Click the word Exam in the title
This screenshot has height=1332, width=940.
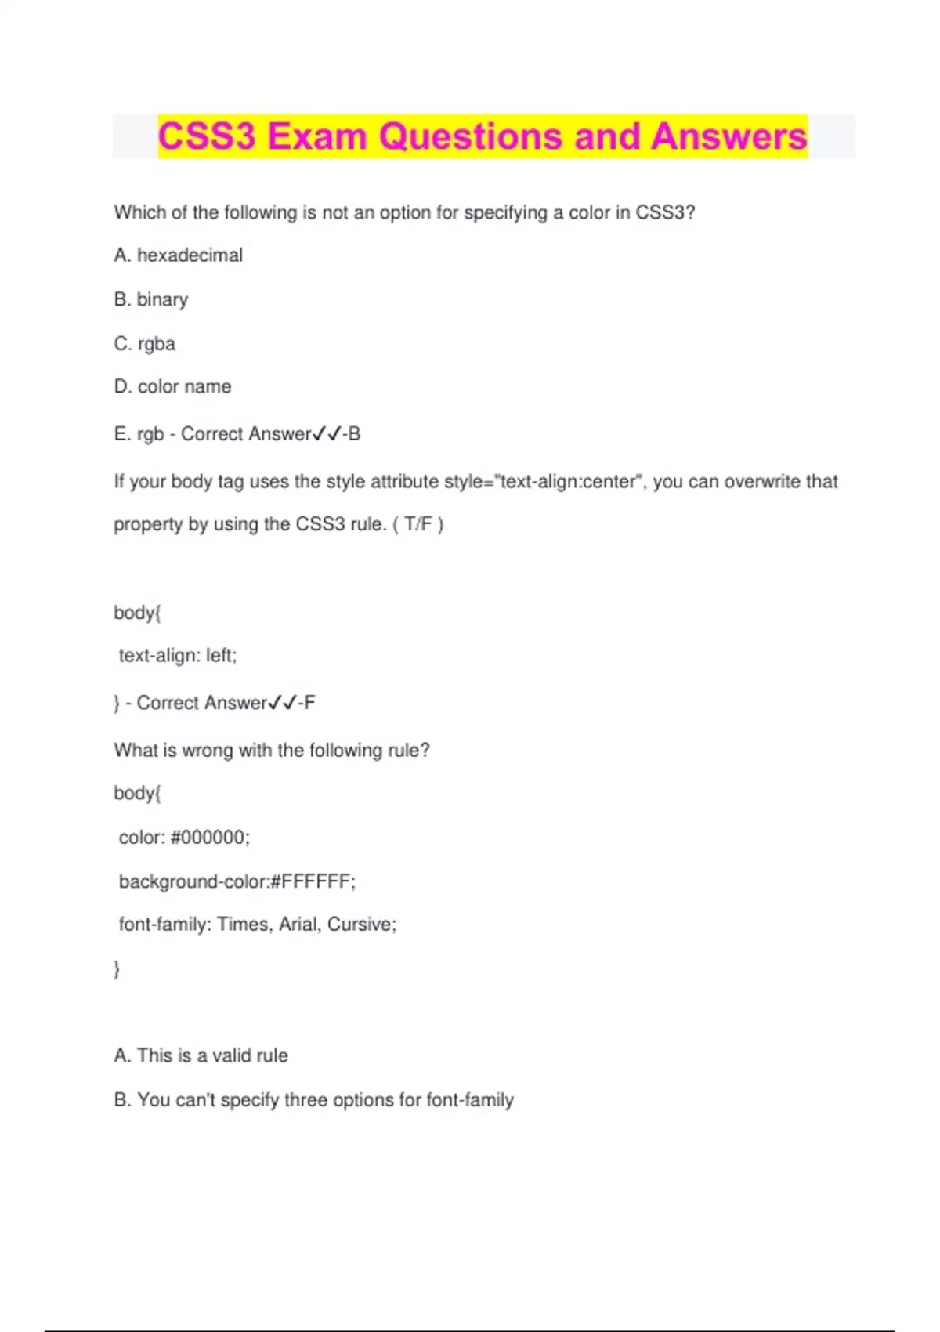click(x=317, y=136)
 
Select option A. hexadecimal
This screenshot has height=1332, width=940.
click(x=179, y=255)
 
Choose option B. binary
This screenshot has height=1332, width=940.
click(x=151, y=299)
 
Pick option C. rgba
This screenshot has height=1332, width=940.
click(x=145, y=344)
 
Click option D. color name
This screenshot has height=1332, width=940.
click(x=173, y=387)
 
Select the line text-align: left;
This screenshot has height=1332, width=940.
click(x=178, y=655)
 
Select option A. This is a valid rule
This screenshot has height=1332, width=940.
click(x=201, y=1055)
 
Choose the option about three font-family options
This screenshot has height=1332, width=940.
click(x=314, y=1100)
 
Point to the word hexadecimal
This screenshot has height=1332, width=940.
click(x=190, y=255)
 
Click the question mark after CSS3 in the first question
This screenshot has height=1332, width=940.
click(x=690, y=212)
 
